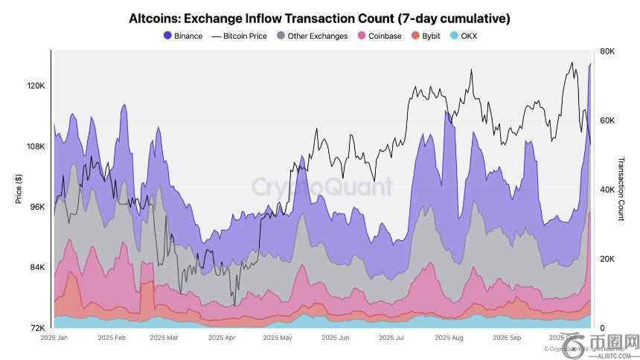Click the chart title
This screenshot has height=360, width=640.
tap(319, 18)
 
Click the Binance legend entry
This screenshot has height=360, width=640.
tap(183, 36)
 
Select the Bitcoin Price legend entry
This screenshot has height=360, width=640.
tap(239, 36)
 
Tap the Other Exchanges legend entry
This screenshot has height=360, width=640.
tap(312, 36)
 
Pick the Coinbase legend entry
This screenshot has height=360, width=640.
tap(380, 36)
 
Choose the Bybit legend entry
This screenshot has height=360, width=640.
tap(426, 36)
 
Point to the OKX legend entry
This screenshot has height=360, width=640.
tap(464, 36)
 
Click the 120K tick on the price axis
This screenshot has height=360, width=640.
tap(36, 86)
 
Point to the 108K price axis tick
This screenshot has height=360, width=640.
tap(36, 147)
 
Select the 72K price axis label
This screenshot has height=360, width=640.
tap(37, 328)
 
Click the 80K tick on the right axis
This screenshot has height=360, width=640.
tap(607, 51)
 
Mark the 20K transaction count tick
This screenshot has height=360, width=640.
tap(607, 259)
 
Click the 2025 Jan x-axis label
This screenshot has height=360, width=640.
tap(54, 338)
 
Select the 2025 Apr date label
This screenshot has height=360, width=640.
tap(221, 338)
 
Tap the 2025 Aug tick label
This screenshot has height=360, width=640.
tap(448, 338)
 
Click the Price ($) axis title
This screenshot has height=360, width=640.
tap(18, 189)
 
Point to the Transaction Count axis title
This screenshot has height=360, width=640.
tap(621, 189)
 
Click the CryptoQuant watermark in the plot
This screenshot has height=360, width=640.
tap(321, 186)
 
